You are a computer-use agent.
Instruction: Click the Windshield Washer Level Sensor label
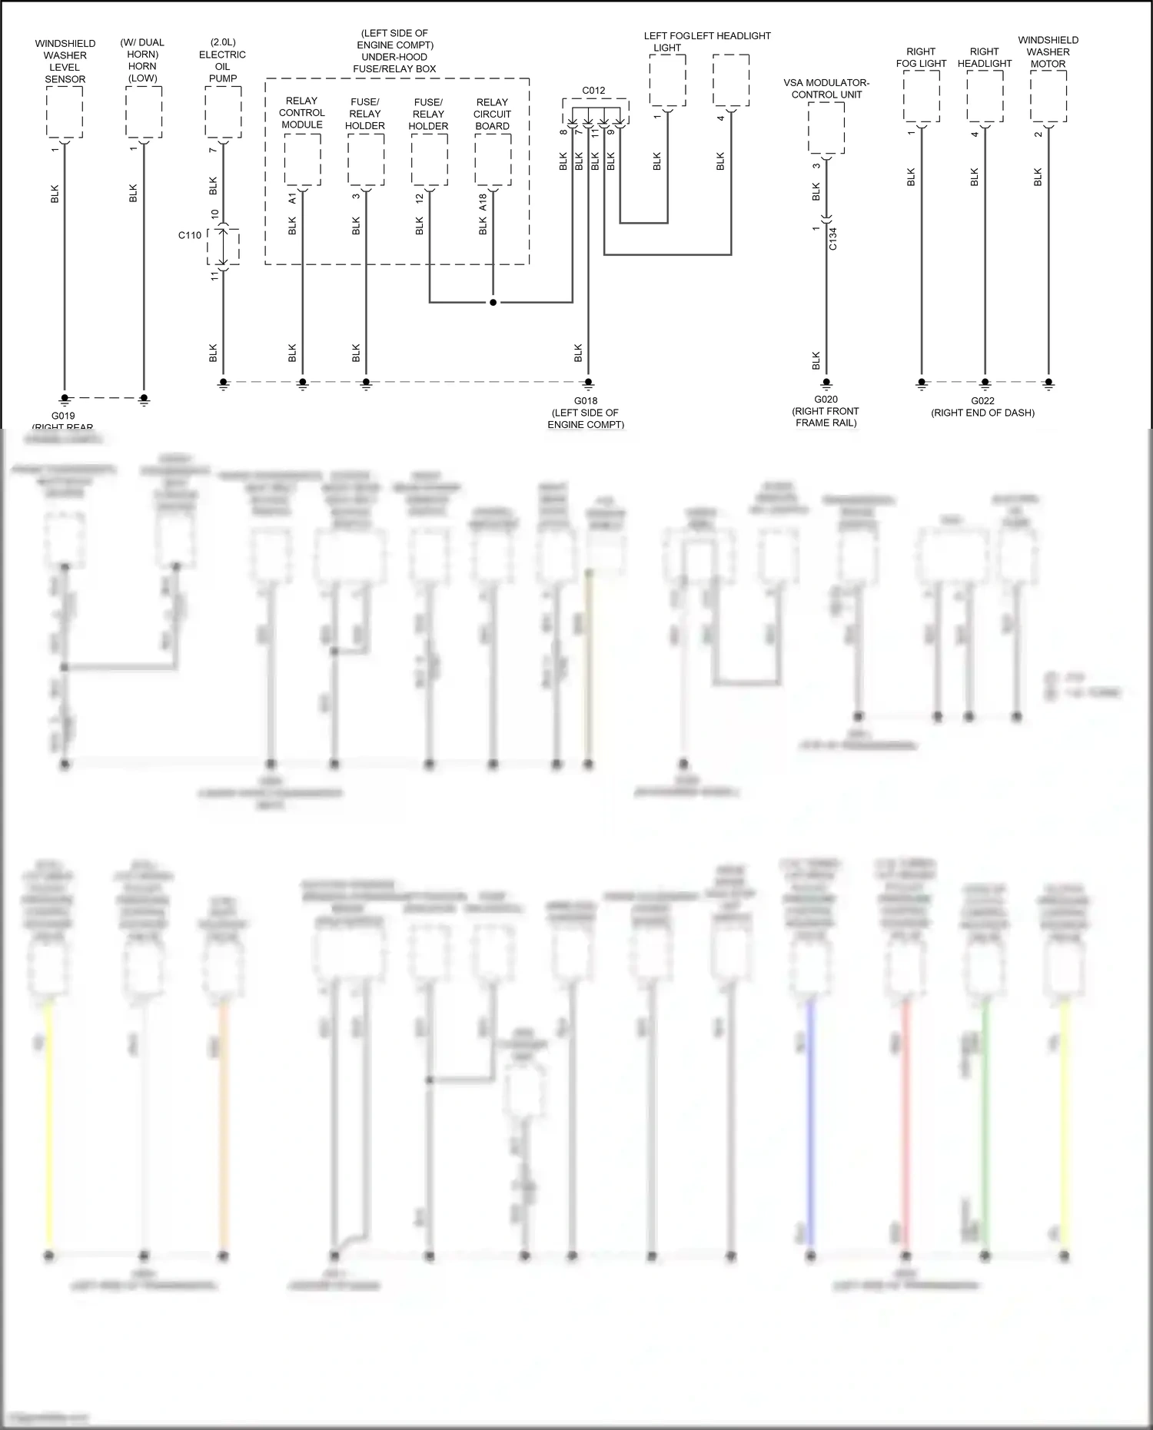click(65, 61)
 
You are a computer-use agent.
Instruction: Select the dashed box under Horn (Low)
click(144, 112)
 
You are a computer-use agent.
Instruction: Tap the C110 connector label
click(190, 235)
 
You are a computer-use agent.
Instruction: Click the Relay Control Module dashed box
click(302, 160)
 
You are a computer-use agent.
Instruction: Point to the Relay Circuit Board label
click(492, 114)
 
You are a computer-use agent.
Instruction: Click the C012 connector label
click(593, 90)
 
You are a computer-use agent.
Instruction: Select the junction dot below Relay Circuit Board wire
click(493, 302)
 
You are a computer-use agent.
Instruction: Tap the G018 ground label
click(585, 400)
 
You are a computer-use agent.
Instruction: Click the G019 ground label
click(63, 416)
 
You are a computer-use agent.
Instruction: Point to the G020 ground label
click(826, 399)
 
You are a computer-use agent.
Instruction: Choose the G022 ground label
click(982, 400)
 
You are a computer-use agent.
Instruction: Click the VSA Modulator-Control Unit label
click(826, 88)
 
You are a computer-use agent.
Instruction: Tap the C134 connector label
click(833, 238)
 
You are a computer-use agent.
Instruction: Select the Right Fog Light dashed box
click(921, 96)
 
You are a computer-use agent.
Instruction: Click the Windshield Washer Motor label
click(1048, 51)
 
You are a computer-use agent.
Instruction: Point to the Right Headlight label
click(985, 58)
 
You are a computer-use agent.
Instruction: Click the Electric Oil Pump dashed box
click(223, 112)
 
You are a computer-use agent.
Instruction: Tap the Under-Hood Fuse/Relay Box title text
click(394, 51)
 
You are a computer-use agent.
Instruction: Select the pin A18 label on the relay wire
click(483, 202)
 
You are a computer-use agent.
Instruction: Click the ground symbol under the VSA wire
click(826, 383)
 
